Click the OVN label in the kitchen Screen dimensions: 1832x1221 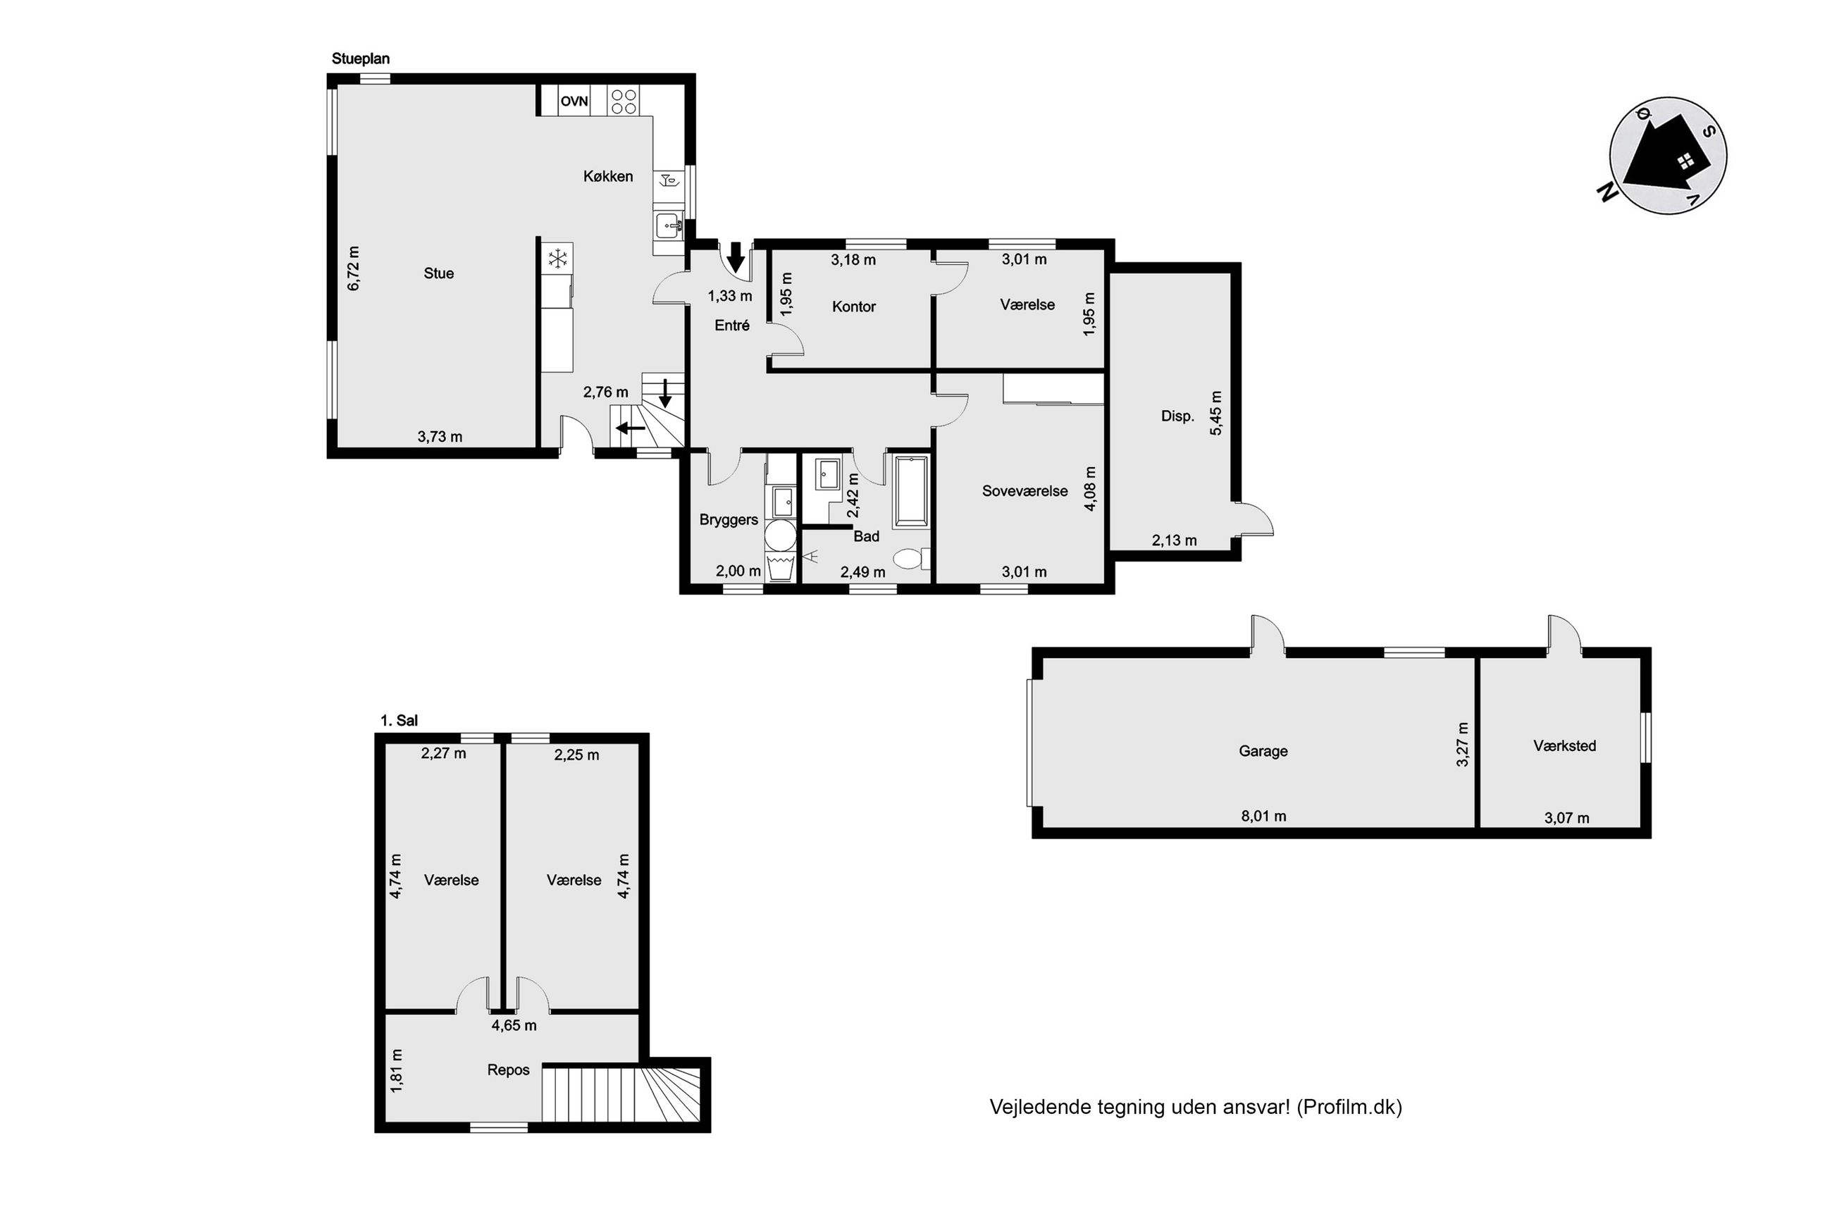[x=574, y=101]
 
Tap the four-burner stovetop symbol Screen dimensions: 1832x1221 [x=624, y=101]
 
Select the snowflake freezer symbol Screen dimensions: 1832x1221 [x=557, y=259]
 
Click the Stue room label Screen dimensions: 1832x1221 [x=438, y=273]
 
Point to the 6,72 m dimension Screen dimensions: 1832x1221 [x=354, y=268]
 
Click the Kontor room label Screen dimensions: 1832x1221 [x=853, y=306]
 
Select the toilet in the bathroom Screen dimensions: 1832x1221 [x=912, y=558]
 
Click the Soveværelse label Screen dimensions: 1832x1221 [x=1025, y=491]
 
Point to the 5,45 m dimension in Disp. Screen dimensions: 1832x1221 [x=1216, y=413]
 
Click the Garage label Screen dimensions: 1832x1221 [x=1263, y=752]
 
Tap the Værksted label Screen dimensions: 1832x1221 [x=1564, y=746]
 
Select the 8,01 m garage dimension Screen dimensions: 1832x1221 [x=1263, y=816]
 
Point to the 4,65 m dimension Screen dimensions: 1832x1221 [x=514, y=1026]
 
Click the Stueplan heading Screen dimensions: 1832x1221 [x=361, y=58]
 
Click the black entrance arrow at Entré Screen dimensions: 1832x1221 [x=735, y=256]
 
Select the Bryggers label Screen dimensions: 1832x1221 [x=729, y=520]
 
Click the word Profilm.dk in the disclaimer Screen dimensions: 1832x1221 [x=1349, y=1107]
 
